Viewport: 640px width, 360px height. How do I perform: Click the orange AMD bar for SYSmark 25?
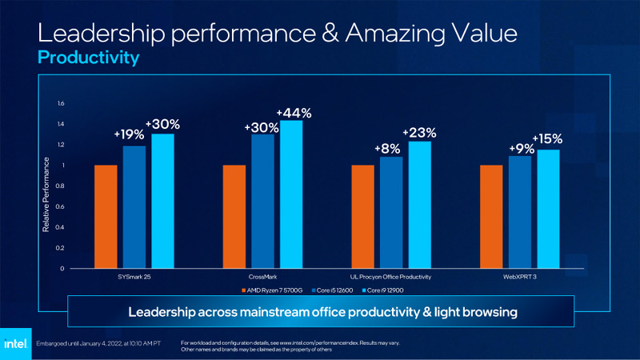pyautogui.click(x=106, y=217)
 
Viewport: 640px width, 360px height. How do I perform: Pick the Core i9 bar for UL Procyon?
pyautogui.click(x=420, y=205)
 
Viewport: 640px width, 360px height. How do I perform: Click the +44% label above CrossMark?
pyautogui.click(x=294, y=114)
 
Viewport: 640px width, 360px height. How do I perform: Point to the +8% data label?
pyautogui.click(x=387, y=149)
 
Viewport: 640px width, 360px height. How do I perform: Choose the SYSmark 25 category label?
pyautogui.click(x=134, y=277)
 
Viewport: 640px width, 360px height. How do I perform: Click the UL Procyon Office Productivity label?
pyautogui.click(x=391, y=277)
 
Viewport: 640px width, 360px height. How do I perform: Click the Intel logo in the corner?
pyautogui.click(x=16, y=343)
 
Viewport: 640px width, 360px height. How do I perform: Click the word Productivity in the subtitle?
pyautogui.click(x=88, y=58)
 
